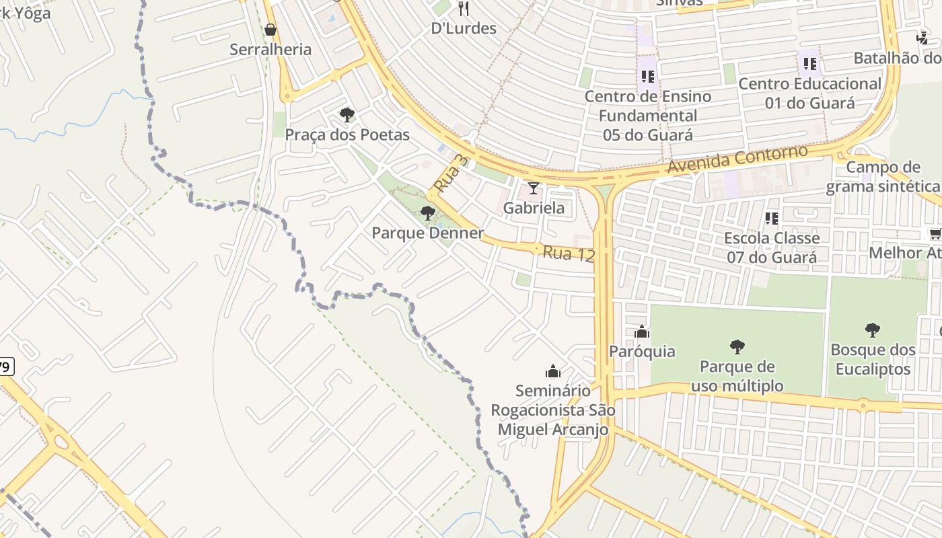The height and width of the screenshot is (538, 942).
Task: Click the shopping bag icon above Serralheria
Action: (x=270, y=30)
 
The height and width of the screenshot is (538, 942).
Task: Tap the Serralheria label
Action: (x=270, y=49)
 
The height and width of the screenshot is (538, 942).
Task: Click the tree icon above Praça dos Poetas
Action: (x=347, y=115)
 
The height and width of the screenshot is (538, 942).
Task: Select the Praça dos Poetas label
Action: (x=347, y=134)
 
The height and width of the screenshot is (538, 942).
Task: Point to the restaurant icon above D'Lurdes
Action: (x=463, y=9)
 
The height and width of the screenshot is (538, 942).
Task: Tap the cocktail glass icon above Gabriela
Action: (x=534, y=188)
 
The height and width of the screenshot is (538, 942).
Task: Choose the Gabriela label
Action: (x=534, y=208)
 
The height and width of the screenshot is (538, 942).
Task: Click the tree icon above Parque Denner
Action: (x=427, y=214)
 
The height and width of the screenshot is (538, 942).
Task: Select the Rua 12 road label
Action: (x=569, y=254)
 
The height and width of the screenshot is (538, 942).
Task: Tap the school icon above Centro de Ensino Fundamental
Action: (x=647, y=77)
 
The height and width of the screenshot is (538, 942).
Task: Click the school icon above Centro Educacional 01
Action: (x=810, y=64)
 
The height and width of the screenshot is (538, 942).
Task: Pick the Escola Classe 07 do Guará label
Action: (x=772, y=247)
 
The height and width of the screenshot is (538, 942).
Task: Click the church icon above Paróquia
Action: (x=642, y=332)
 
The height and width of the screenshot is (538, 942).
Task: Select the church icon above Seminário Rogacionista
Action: (x=553, y=371)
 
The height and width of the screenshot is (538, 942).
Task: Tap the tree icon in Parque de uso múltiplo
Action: (x=737, y=347)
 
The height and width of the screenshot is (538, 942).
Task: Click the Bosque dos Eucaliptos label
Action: (x=873, y=359)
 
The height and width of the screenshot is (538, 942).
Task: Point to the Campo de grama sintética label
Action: (x=883, y=177)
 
